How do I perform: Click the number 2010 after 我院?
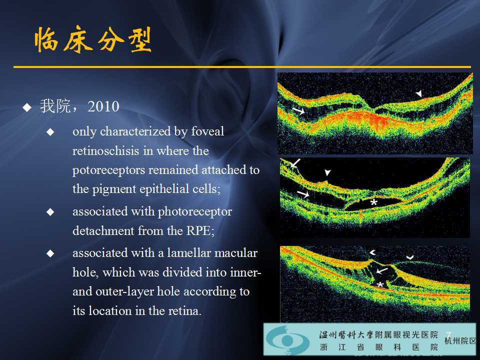pos(103,107)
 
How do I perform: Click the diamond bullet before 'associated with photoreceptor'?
pos(50,212)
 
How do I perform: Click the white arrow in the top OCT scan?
pos(299,111)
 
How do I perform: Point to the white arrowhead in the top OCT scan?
pos(418,93)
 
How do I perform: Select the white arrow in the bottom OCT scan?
pos(382,270)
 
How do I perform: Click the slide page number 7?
pos(448,334)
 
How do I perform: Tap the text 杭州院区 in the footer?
pos(460,341)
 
